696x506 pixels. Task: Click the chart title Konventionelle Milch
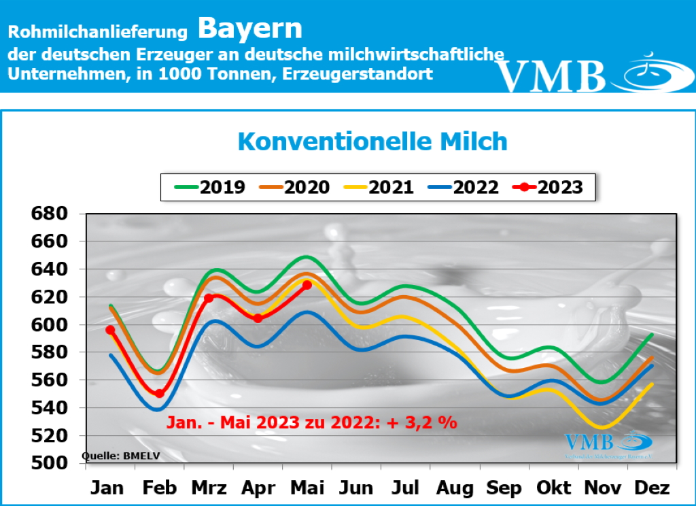pos(372,142)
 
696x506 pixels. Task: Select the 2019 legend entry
pos(210,187)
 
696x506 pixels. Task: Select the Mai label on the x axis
pos(307,488)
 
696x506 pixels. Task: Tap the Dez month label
pos(652,488)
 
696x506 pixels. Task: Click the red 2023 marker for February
pos(159,393)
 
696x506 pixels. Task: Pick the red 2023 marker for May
pos(307,285)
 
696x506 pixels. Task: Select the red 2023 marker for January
pos(110,330)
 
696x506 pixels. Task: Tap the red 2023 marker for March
pos(209,298)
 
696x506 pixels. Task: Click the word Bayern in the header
pos(250,29)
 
